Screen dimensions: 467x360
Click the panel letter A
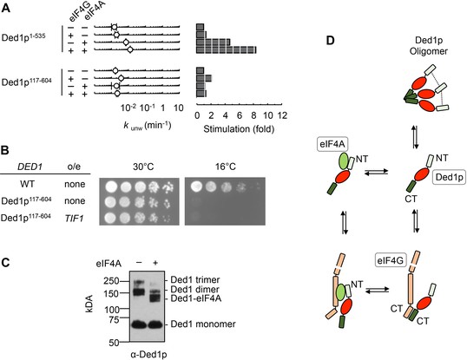(x=6, y=8)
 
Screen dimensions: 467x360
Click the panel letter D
(x=331, y=41)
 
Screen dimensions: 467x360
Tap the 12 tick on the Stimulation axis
(x=282, y=115)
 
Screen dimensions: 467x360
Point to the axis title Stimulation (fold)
(x=239, y=129)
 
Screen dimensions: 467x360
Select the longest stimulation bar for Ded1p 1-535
(x=226, y=50)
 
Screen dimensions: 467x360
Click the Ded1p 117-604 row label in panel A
(x=27, y=81)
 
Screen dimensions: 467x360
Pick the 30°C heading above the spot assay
(x=143, y=167)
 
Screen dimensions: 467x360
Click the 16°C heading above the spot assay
(x=226, y=167)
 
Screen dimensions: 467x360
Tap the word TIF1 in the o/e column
(x=75, y=219)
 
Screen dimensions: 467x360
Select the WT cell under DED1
(x=28, y=184)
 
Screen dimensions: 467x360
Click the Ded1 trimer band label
(x=195, y=279)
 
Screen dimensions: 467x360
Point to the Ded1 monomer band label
(x=203, y=324)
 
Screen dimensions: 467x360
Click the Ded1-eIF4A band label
(x=195, y=298)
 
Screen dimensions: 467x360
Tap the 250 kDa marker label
(x=112, y=281)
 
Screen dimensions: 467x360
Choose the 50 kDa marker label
(x=114, y=343)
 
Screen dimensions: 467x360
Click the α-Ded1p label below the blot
(x=148, y=355)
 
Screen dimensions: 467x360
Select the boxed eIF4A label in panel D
(x=332, y=145)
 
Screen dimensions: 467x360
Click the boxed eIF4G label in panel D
(x=390, y=260)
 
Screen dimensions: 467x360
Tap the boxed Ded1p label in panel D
(x=449, y=177)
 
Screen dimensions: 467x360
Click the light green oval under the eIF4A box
(x=344, y=161)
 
